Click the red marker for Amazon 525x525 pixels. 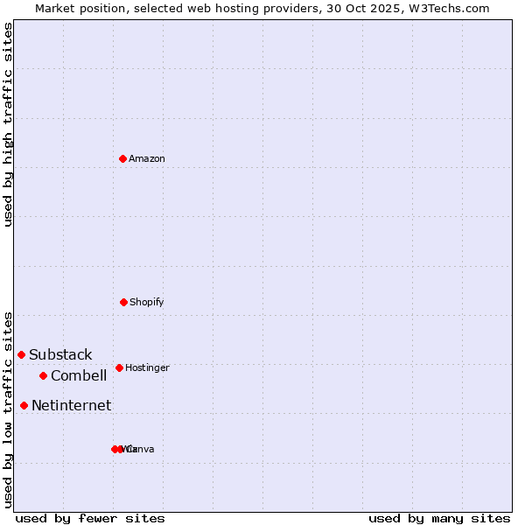click(x=122, y=158)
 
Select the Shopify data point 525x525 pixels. click(x=123, y=302)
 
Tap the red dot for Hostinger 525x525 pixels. click(x=119, y=367)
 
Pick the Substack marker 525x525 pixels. click(x=21, y=354)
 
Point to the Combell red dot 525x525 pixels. click(x=43, y=375)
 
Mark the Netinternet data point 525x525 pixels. click(x=24, y=405)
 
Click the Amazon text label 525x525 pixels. click(x=146, y=158)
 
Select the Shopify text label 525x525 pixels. click(x=146, y=302)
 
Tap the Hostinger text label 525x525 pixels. click(x=147, y=367)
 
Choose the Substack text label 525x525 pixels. click(x=60, y=354)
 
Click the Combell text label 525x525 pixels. click(x=79, y=375)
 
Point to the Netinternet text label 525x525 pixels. click(x=71, y=405)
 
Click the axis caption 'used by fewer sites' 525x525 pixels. click(x=90, y=518)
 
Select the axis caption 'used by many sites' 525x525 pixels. click(x=439, y=518)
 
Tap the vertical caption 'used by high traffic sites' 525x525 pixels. click(x=8, y=124)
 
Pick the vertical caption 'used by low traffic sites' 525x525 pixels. click(x=8, y=409)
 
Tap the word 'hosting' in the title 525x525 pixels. click(x=251, y=8)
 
